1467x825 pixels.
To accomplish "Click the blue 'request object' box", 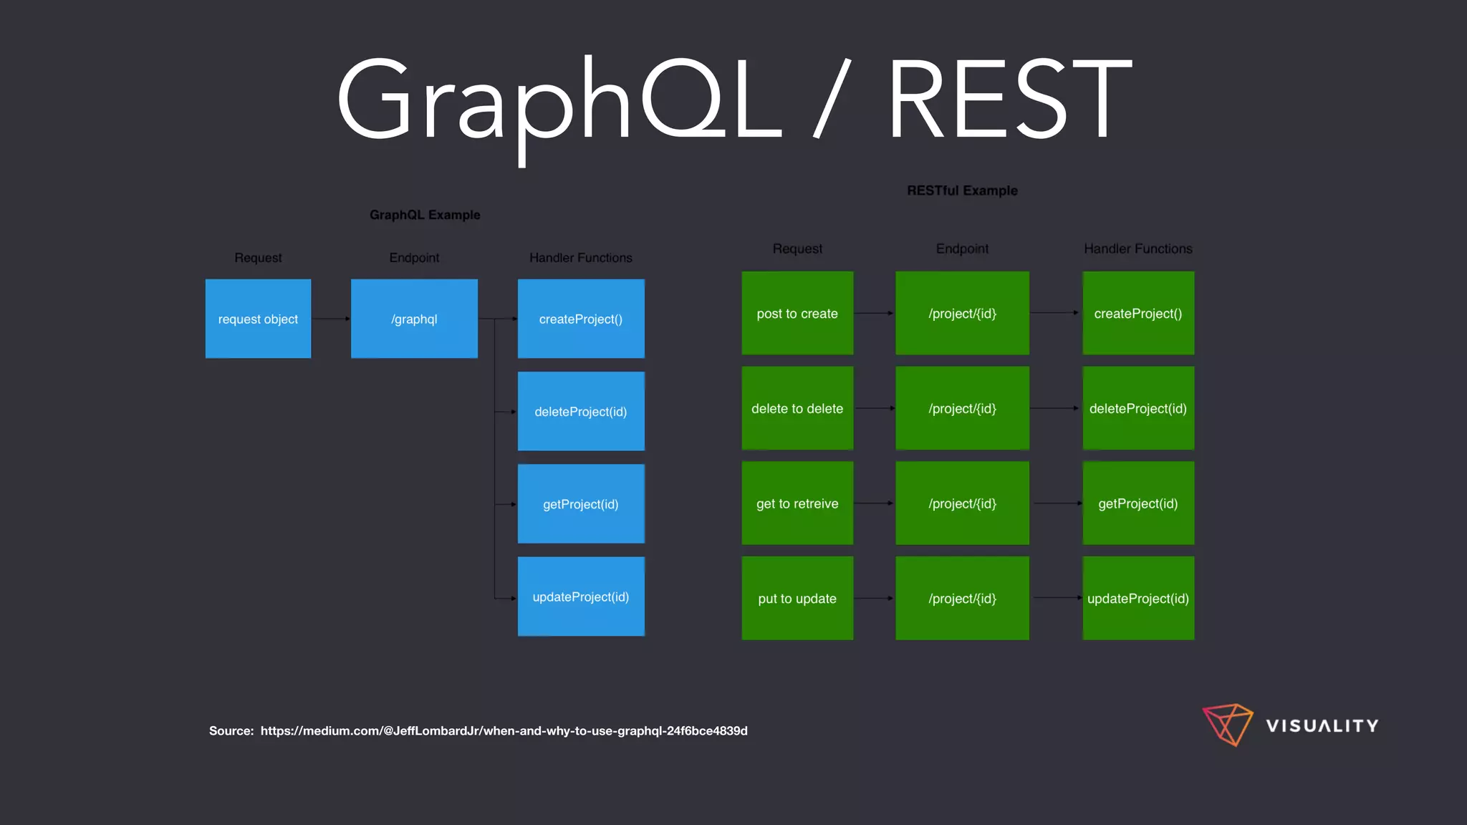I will pos(258,319).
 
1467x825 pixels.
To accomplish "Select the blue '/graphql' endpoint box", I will pos(414,319).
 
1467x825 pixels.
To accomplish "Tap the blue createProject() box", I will pos(581,319).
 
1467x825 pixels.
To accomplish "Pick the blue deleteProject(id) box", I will pos(581,411).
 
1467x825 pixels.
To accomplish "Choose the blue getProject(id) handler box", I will pos(581,503).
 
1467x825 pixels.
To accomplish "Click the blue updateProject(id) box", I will pos(581,597).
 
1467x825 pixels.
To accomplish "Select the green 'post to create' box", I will pos(797,313).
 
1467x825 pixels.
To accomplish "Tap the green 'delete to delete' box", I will pos(797,408).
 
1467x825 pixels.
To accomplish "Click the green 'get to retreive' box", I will pos(797,503).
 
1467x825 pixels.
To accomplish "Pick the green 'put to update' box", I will pos(797,598).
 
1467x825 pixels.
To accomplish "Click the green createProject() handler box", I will pos(1138,313).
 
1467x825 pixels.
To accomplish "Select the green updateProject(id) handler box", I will pos(1138,598).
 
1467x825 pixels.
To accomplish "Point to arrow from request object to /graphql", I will pos(331,319).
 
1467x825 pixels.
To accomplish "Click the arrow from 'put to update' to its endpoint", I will pos(874,598).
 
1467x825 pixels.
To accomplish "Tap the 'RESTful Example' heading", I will pos(962,190).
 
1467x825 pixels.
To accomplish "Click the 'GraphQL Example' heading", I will pos(425,215).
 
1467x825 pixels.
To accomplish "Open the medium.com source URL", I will pos(504,730).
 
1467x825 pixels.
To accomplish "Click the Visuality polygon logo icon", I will pos(1228,724).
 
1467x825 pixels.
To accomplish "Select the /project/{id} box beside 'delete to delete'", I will pos(962,408).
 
